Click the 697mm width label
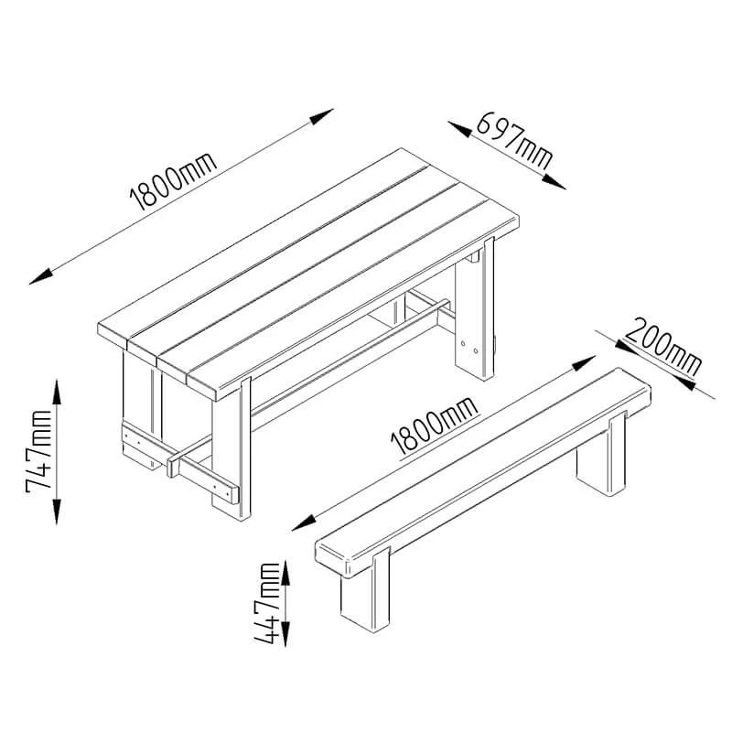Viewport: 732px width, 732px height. click(514, 140)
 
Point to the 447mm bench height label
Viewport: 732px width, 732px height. click(267, 603)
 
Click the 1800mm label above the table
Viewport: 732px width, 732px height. click(173, 180)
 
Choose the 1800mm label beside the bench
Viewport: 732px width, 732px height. click(435, 426)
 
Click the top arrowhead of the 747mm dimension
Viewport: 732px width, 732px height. click(57, 393)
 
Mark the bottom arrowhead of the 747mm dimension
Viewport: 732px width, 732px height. click(57, 511)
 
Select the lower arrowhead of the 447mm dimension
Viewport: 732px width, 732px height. click(285, 634)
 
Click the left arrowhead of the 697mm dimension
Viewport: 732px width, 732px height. click(460, 129)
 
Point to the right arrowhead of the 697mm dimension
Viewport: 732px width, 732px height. click(554, 182)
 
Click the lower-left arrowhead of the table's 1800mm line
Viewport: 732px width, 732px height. click(41, 276)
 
